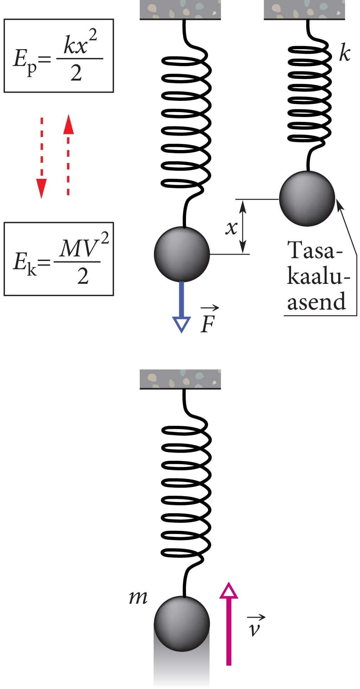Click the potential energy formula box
point(58,56)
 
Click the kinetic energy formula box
point(58,259)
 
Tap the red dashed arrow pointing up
point(68,155)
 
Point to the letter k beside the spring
point(345,53)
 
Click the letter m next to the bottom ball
point(138,597)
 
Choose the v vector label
point(255,627)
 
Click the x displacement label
point(231,228)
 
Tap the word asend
point(316,301)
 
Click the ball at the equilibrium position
point(307,199)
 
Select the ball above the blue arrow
point(182,254)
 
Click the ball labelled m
point(182,623)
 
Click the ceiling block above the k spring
point(304,9)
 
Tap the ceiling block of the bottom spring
point(180,379)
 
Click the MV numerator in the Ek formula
point(78,249)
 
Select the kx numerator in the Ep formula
point(76,46)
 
